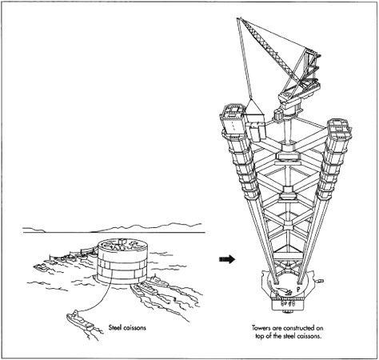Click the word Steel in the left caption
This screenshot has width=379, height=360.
click(118, 326)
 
